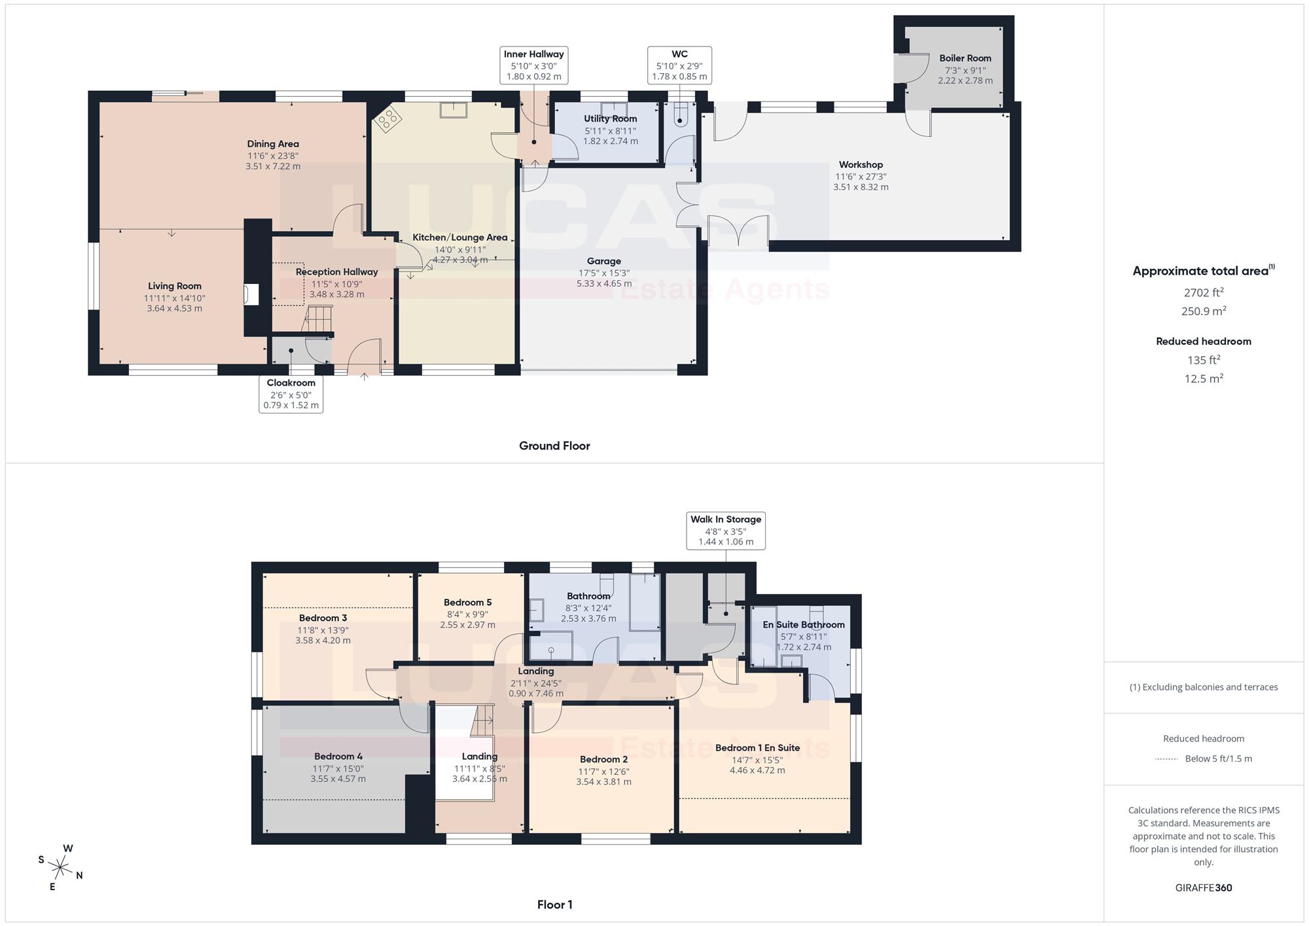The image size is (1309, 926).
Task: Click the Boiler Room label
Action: [965, 58]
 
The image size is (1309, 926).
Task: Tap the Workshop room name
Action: [861, 165]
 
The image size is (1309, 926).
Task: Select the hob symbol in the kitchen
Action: [387, 118]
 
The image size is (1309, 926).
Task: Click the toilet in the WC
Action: [681, 116]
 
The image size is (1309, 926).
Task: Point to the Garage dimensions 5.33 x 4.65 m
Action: [604, 284]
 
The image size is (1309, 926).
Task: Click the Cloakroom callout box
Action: [291, 394]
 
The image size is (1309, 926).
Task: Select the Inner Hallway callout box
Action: [533, 65]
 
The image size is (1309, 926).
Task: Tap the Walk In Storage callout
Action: [726, 531]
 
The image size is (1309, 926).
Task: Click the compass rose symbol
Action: [60, 868]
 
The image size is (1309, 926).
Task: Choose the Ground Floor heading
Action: [554, 446]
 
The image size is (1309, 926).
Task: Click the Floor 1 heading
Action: [554, 905]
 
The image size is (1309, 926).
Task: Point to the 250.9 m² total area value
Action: [1204, 311]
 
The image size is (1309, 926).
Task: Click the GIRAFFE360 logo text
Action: [1204, 888]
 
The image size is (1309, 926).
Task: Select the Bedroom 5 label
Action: [467, 603]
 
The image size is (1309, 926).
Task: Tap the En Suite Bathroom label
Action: [804, 625]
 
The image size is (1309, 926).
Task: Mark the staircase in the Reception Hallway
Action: [319, 321]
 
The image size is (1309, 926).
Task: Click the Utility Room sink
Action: [613, 109]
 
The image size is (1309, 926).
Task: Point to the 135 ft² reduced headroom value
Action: [1204, 360]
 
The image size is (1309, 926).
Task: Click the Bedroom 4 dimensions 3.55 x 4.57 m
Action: [338, 779]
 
